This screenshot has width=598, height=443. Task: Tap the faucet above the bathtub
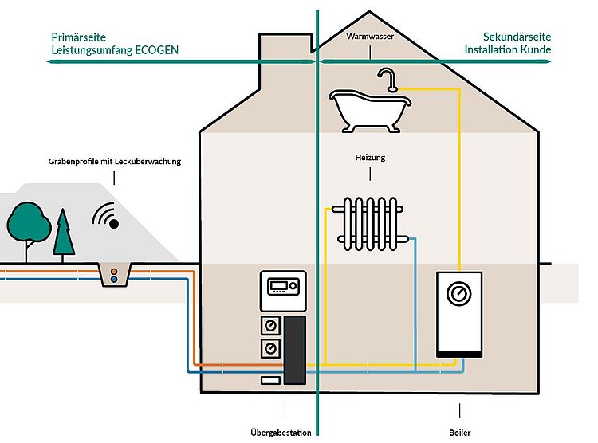pyautogui.click(x=388, y=80)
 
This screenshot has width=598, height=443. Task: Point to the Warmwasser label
pyautogui.click(x=370, y=37)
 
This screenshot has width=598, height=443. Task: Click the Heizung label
pyautogui.click(x=370, y=158)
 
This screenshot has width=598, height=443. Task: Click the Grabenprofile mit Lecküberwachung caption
pyautogui.click(x=115, y=161)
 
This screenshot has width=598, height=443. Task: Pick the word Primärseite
pyautogui.click(x=79, y=37)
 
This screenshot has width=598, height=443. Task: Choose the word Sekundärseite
pyautogui.click(x=517, y=37)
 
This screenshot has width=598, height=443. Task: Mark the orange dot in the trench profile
pyautogui.click(x=115, y=271)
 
